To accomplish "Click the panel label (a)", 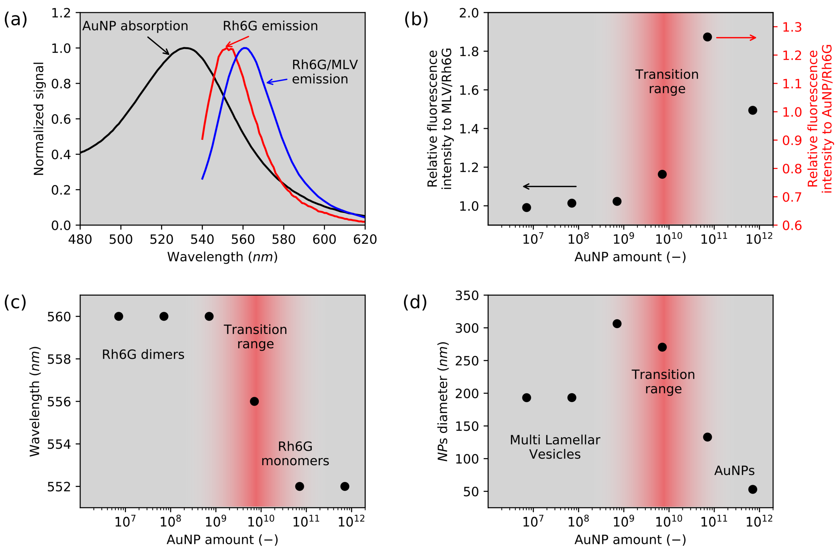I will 15,19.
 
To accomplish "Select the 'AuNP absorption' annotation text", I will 135,26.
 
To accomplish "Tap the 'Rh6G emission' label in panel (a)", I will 270,26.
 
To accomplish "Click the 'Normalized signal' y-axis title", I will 39,119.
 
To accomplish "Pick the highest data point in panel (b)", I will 707,37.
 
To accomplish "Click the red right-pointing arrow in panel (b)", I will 736,38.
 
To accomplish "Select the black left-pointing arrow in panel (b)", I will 550,186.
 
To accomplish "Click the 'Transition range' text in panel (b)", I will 667,82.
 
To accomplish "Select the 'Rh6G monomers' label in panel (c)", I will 295,454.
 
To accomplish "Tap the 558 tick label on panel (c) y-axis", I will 59,359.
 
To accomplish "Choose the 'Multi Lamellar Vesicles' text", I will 555,447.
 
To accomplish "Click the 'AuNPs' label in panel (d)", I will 734,471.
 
